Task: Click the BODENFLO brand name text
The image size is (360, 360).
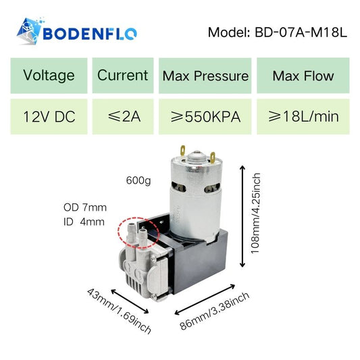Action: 90,34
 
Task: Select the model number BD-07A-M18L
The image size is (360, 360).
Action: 301,32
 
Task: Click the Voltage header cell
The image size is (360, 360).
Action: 49,76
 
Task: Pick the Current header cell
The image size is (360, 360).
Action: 123,76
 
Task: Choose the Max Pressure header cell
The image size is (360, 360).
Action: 205,76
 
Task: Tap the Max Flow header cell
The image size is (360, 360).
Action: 303,76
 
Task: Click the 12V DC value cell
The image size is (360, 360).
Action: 49,117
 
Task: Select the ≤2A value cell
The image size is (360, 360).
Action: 123,117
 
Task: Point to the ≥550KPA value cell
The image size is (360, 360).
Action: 205,117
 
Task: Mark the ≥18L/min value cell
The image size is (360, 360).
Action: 303,117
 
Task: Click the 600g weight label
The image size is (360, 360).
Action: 138,181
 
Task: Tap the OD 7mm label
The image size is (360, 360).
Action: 85,207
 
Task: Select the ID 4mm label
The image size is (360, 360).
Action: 84,222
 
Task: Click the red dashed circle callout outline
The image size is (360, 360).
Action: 118,232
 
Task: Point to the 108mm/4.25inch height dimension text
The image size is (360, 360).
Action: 255,213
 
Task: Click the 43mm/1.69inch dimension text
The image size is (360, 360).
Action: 119,311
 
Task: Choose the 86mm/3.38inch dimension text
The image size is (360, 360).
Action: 214,311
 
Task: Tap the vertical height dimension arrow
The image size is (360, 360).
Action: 242,216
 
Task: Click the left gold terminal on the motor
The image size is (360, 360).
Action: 183,151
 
